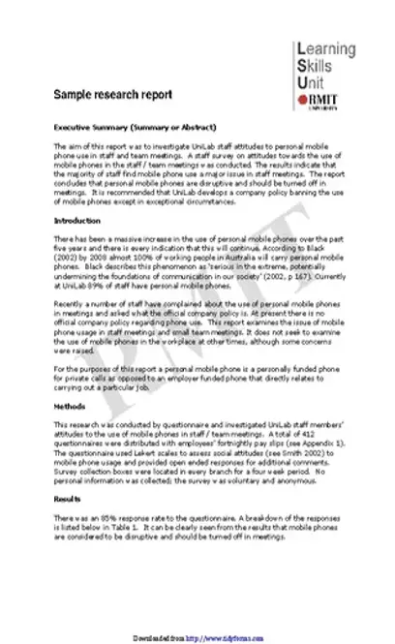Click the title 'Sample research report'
pos(113,95)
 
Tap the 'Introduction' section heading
pos(75,222)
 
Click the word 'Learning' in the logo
pos(328,49)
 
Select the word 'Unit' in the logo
pos(313,81)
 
